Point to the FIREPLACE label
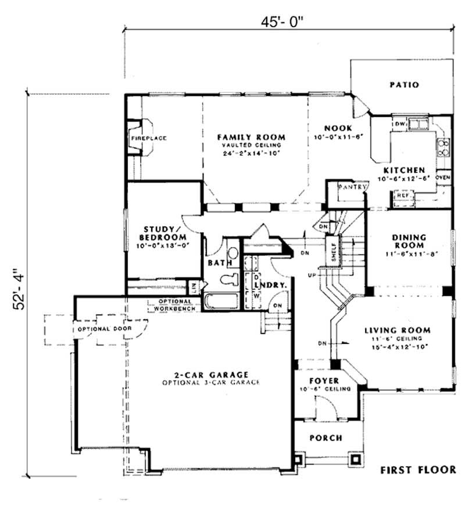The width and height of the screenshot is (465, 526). tap(148, 138)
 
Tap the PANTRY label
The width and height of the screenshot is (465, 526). tap(354, 187)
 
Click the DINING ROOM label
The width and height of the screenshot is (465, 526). tap(410, 241)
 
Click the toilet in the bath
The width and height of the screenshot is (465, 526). tap(231, 278)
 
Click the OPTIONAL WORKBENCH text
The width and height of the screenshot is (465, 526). tap(170, 304)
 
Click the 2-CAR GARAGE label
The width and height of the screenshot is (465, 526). tap(210, 375)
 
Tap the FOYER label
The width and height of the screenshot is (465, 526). tap(323, 381)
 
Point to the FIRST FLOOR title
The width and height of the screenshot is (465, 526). tap(416, 469)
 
